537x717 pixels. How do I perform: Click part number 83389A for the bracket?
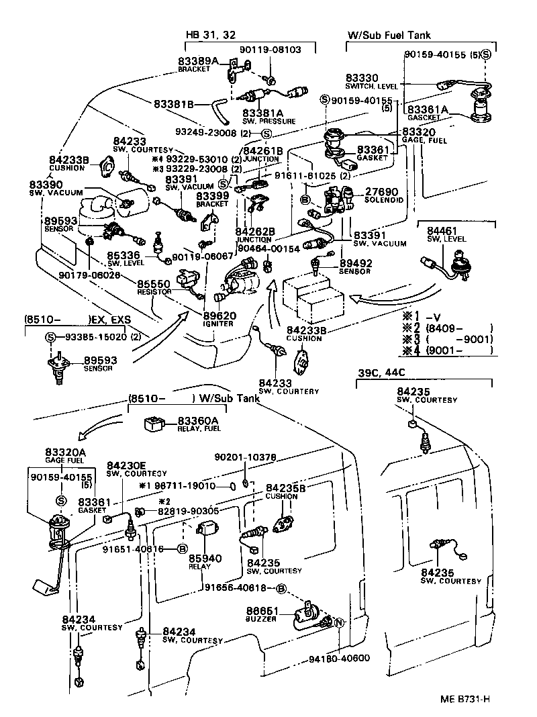[x=198, y=60]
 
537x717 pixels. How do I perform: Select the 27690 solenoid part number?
[x=381, y=191]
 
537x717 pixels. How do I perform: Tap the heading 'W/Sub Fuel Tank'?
[x=389, y=35]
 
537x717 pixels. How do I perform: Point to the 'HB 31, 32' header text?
[x=211, y=35]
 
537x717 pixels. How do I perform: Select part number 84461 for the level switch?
[x=443, y=230]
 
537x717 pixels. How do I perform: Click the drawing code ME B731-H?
[x=465, y=699]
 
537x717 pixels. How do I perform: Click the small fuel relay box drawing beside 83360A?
[x=156, y=424]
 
